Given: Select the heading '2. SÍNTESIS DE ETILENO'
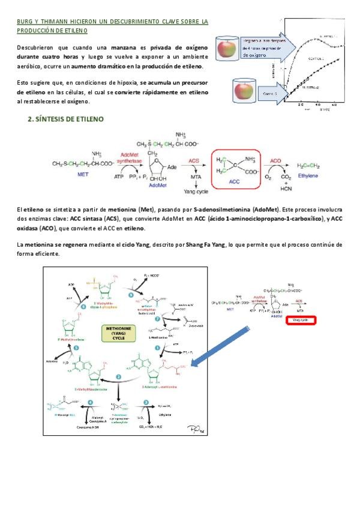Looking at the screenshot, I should tap(66, 119).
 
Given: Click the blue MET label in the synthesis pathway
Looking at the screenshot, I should tap(84, 175).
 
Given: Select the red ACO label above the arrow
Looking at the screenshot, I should tap(275, 161).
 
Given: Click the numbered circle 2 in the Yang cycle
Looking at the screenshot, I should tap(119, 376).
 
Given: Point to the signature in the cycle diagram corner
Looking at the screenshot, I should tap(195, 426).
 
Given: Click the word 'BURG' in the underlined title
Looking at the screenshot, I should tap(25, 22).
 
